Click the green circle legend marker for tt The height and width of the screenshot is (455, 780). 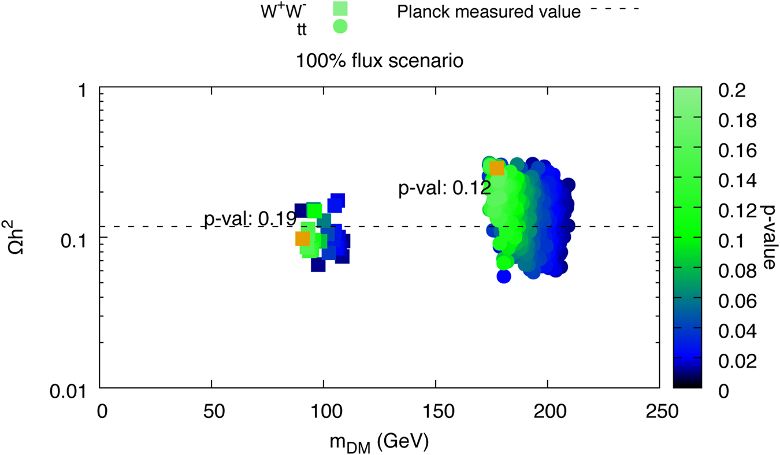click(340, 26)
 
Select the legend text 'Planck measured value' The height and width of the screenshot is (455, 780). click(489, 12)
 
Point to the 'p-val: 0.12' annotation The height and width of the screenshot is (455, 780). click(444, 188)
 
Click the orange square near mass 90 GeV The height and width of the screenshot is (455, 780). click(302, 239)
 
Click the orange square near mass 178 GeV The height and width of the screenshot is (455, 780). click(496, 168)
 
